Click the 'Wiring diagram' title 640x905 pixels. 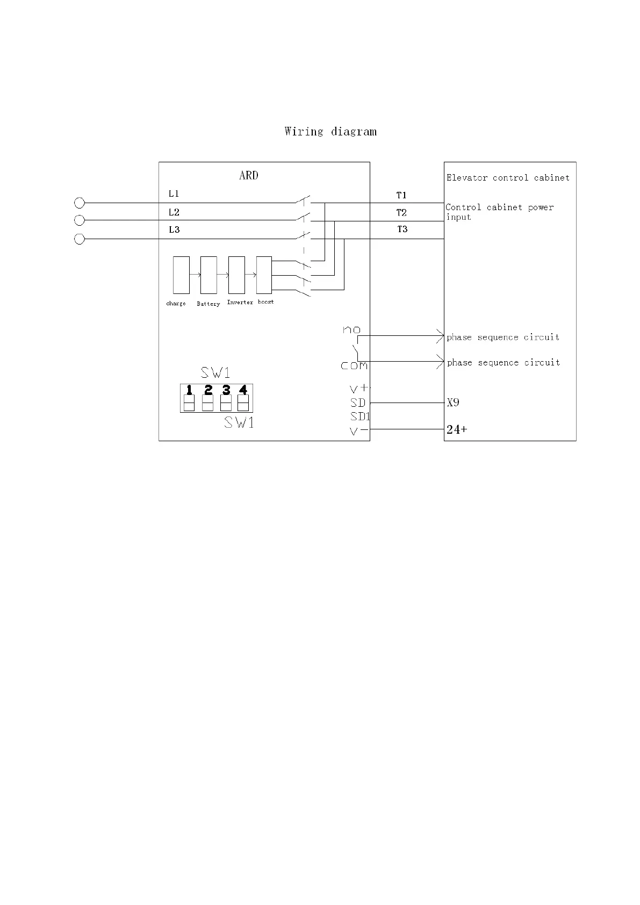pos(330,132)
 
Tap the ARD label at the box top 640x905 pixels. pos(248,175)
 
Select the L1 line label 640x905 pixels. pos(174,193)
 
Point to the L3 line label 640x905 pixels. pos(174,229)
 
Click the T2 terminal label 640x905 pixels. pos(401,212)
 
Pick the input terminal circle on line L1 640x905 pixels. pos(80,203)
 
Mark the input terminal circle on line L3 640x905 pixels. pos(80,239)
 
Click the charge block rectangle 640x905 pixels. pos(181,275)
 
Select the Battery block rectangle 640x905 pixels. pos(208,275)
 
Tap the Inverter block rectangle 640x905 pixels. pos(236,275)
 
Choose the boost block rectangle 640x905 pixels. pos(264,275)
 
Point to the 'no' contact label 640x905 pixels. pos(352,329)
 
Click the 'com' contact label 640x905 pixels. pos(354,366)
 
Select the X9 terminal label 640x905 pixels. pos(453,403)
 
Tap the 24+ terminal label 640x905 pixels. pos(457,429)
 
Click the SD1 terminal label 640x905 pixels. pos(360,416)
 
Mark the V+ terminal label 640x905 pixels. pos(359,388)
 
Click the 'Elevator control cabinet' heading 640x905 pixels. pos(508,177)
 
